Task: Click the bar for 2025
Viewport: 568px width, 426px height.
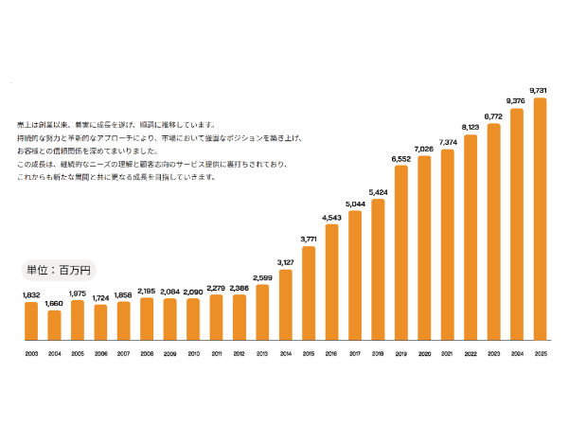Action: pyautogui.click(x=541, y=219)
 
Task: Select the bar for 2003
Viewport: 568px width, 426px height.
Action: pyautogui.click(x=31, y=321)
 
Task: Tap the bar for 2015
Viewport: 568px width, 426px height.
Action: pyautogui.click(x=309, y=293)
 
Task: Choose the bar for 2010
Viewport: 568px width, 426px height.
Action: pyautogui.click(x=193, y=319)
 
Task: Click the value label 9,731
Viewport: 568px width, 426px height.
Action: pyautogui.click(x=541, y=91)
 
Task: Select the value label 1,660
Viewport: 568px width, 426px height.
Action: pyautogui.click(x=54, y=303)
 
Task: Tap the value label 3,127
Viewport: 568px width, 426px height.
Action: pyautogui.click(x=286, y=261)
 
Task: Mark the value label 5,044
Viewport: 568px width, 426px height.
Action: pyautogui.click(x=355, y=204)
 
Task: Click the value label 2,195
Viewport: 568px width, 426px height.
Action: pyautogui.click(x=147, y=291)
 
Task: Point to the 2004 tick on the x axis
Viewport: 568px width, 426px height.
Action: pyautogui.click(x=54, y=354)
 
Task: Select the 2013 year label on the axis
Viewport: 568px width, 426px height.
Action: pyautogui.click(x=262, y=354)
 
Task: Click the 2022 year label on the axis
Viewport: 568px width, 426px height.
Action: pyautogui.click(x=470, y=354)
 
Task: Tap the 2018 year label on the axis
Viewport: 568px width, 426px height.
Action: pyautogui.click(x=379, y=354)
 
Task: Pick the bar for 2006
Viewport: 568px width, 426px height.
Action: pyautogui.click(x=100, y=322)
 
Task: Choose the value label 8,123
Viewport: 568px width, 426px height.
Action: pyautogui.click(x=470, y=127)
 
